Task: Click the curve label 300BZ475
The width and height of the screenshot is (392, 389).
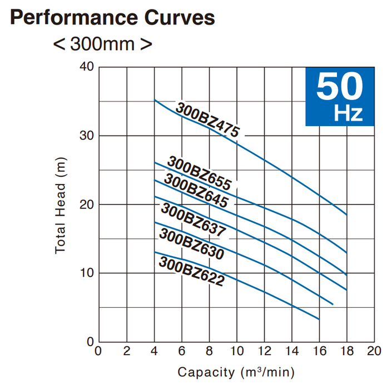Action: [x=207, y=119]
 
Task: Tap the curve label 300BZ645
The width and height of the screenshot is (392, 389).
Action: [x=196, y=191]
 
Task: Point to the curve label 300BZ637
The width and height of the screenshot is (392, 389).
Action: [x=193, y=220]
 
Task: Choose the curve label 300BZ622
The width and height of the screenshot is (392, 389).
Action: [x=191, y=271]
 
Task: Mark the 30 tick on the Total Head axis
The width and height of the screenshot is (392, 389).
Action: [x=87, y=136]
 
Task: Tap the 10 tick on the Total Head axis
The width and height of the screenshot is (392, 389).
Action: [x=87, y=273]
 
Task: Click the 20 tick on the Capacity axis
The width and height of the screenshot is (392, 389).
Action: [x=374, y=351]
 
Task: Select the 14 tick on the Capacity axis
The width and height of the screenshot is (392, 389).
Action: [x=292, y=351]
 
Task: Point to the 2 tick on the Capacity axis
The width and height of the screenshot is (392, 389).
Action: [x=126, y=351]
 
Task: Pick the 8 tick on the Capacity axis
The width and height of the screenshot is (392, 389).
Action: [x=209, y=351]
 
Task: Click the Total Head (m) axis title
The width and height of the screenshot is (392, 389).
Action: [x=61, y=205]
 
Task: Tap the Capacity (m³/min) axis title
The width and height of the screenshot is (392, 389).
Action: [x=236, y=371]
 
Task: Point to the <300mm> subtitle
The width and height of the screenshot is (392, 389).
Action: [x=103, y=43]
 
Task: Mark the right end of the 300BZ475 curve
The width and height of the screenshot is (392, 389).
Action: [x=346, y=214]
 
